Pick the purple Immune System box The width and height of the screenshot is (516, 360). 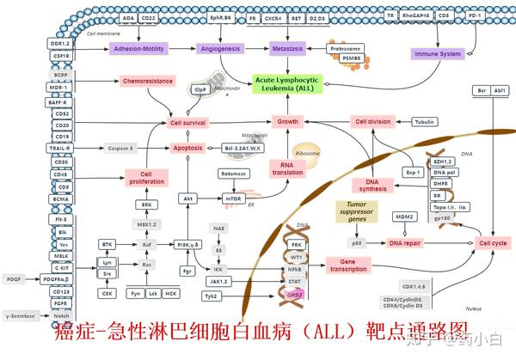(439, 53)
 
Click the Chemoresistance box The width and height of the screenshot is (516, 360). (147, 82)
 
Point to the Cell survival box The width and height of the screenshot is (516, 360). (187, 123)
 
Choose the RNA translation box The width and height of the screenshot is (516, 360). (287, 168)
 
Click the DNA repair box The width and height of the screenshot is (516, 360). (405, 243)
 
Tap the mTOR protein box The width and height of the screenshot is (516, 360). (234, 198)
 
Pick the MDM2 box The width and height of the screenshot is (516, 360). (405, 216)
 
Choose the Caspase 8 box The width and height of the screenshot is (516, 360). (120, 148)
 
